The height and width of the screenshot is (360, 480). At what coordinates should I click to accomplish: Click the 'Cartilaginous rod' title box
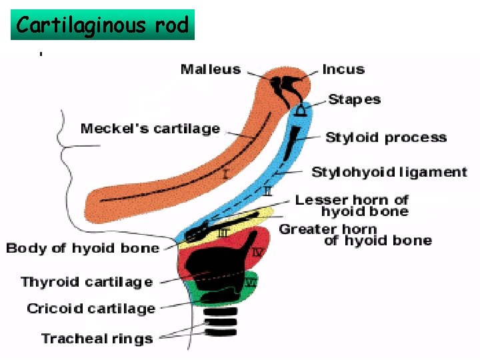tap(103, 25)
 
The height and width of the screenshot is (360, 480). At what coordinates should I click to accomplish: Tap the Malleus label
tap(210, 69)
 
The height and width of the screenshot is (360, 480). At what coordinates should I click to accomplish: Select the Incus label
tap(343, 69)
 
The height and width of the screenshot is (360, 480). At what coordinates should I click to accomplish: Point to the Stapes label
tap(354, 99)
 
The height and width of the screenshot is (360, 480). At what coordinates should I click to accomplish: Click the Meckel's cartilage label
tap(150, 129)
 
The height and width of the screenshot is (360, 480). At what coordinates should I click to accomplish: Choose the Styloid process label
tap(385, 138)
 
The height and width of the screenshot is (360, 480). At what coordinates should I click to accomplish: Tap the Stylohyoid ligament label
tap(389, 172)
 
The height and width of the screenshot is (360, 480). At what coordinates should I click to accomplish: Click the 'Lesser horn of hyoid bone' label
tap(352, 205)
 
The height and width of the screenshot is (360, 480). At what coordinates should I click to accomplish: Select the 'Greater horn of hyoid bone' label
tap(355, 235)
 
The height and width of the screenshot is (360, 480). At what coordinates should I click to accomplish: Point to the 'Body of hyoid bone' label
tap(83, 249)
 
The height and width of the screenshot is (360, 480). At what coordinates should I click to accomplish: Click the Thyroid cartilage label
tap(87, 282)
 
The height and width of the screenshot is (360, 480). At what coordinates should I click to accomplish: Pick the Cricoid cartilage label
tap(91, 309)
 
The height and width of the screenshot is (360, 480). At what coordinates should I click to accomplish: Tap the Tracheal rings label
tap(97, 339)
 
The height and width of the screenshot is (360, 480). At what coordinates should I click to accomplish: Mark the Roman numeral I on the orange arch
tap(225, 175)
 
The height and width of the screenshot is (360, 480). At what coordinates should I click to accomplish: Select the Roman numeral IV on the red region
tap(259, 252)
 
